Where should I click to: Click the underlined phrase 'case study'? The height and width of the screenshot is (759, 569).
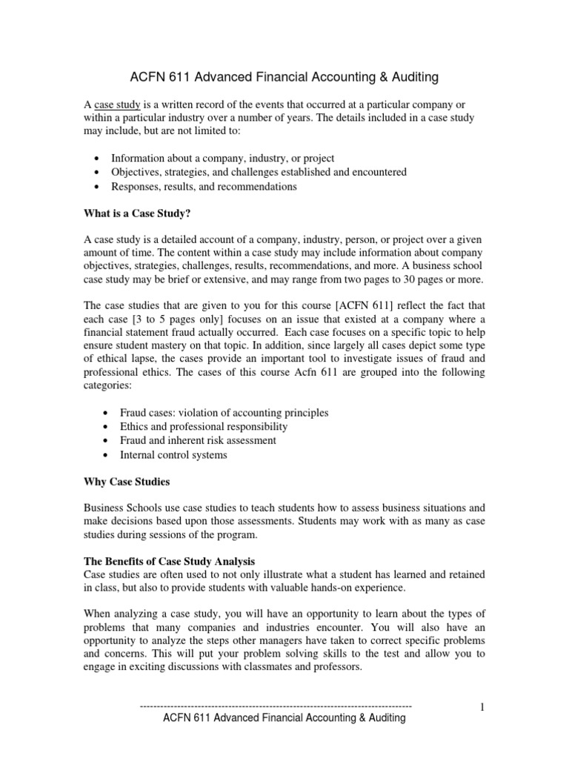(x=118, y=105)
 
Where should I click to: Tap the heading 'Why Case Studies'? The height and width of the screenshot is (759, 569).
(x=127, y=482)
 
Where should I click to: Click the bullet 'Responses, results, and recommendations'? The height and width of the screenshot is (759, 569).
(x=204, y=187)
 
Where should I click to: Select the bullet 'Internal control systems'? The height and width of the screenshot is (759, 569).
(x=169, y=454)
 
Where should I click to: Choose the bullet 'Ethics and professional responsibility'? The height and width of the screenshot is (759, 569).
(x=199, y=426)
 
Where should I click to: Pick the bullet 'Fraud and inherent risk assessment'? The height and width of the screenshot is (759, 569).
(x=193, y=440)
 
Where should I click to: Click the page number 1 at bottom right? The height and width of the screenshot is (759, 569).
(x=482, y=707)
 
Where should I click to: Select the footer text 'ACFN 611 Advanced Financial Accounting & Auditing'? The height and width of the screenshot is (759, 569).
(x=284, y=718)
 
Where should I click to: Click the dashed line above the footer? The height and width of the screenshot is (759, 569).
(x=276, y=707)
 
